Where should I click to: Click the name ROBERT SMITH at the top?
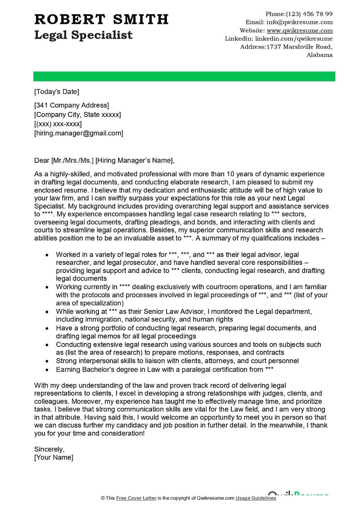coord(101,19)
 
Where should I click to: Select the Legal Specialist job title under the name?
coord(83,35)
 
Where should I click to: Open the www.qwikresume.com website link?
coord(299,31)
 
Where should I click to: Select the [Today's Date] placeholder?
coord(57,92)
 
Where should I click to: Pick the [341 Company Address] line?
coord(72,105)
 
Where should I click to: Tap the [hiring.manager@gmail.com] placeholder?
coord(78,133)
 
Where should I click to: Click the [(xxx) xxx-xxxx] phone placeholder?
coord(58,124)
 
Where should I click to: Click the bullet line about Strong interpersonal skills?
coord(177,361)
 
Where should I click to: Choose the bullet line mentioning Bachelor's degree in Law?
coord(165,369)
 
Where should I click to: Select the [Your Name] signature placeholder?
coord(54,457)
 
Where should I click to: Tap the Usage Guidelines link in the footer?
coord(256,498)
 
